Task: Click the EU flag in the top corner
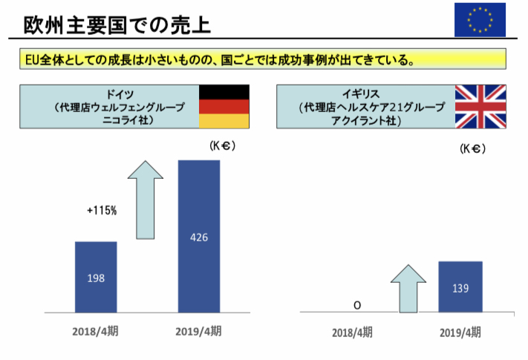[x=480, y=20]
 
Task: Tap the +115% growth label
[x=102, y=211]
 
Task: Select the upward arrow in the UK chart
[x=408, y=288]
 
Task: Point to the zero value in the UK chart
[x=357, y=305]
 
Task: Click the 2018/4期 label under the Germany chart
[x=96, y=331]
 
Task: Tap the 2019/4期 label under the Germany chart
[x=199, y=331]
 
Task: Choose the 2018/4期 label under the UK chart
[x=352, y=332]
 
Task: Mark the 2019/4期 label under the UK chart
[x=460, y=332]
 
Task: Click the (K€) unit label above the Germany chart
[x=222, y=147]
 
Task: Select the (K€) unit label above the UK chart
[x=473, y=148]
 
